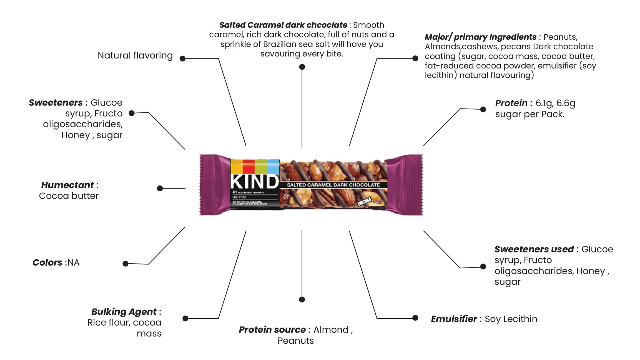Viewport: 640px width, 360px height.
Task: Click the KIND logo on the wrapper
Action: (x=254, y=182)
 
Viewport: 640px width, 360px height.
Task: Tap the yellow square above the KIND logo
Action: (x=236, y=166)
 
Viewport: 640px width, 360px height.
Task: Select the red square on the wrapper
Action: (x=249, y=166)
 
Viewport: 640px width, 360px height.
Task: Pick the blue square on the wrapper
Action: (x=273, y=166)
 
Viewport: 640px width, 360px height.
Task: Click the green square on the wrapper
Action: (x=261, y=166)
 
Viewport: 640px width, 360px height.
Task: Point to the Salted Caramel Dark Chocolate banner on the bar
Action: (x=333, y=185)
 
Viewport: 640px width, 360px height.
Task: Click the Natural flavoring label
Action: (x=135, y=56)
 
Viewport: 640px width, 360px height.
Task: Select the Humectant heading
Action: (x=67, y=185)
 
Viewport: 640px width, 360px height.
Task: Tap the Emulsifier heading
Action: (x=454, y=319)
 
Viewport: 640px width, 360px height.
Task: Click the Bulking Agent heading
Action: (x=124, y=312)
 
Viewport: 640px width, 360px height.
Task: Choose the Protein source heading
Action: (x=272, y=330)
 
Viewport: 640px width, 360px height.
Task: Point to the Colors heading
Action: (x=47, y=263)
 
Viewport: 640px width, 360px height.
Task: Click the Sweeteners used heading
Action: (x=534, y=249)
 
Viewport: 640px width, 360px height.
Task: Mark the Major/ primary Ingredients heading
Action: (x=480, y=37)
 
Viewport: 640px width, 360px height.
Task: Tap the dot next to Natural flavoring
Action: (x=182, y=59)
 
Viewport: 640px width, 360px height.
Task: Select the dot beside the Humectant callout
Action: (x=160, y=188)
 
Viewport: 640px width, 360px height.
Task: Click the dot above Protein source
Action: (x=302, y=299)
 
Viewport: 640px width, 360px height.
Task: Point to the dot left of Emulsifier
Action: (x=415, y=318)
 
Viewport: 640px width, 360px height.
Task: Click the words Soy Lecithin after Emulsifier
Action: (x=511, y=319)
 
